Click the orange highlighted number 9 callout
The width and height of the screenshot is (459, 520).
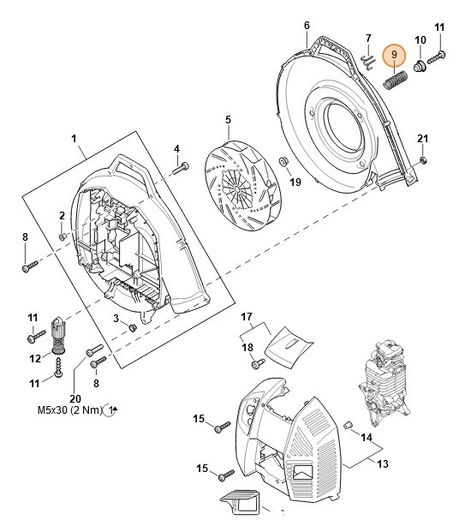click(394, 55)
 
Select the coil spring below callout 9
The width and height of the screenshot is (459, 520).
click(395, 80)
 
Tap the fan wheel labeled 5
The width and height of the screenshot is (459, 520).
click(242, 187)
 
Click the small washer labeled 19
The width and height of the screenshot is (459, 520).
click(283, 162)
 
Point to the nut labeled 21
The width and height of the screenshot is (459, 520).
click(423, 160)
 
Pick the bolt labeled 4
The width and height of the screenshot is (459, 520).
click(181, 167)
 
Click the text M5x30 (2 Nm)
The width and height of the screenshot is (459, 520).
click(69, 409)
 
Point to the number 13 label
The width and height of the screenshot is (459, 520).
click(383, 463)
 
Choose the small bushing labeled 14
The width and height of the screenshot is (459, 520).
click(348, 425)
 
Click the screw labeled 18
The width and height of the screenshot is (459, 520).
click(258, 364)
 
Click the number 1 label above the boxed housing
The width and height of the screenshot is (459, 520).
click(74, 139)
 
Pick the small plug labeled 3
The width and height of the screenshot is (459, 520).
click(133, 327)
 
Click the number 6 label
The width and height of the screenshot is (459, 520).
click(307, 26)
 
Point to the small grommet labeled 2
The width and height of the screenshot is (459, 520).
click(63, 236)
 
